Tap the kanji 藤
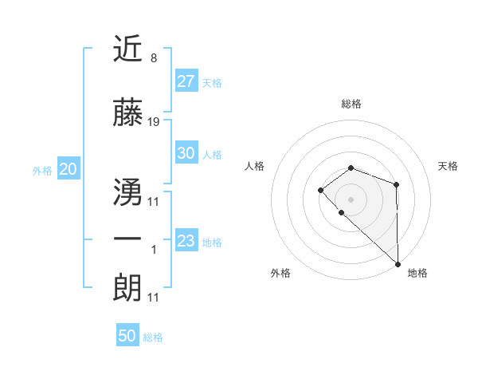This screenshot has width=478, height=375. tap(128, 113)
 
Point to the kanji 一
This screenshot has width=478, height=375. tap(128, 239)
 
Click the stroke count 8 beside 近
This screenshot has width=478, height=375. tap(153, 58)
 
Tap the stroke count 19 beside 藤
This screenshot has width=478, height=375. tap(154, 123)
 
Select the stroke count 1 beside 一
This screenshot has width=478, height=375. tap(154, 250)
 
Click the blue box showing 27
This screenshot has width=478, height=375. tap(186, 81)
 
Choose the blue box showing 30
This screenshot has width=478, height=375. tap(186, 153)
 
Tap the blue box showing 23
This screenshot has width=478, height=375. tap(186, 241)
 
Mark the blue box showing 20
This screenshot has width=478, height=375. tap(68, 169)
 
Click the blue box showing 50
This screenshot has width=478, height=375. tap(127, 336)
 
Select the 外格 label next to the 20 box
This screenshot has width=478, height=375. tap(42, 170)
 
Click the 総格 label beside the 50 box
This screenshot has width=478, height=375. tap(153, 337)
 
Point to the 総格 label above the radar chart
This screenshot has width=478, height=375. tap(351, 104)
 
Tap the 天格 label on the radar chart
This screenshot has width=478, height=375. tap(449, 166)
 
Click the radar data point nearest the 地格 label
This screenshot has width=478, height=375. tap(398, 263)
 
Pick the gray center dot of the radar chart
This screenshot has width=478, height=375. tap(351, 199)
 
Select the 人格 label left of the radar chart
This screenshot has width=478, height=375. tap(255, 166)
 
